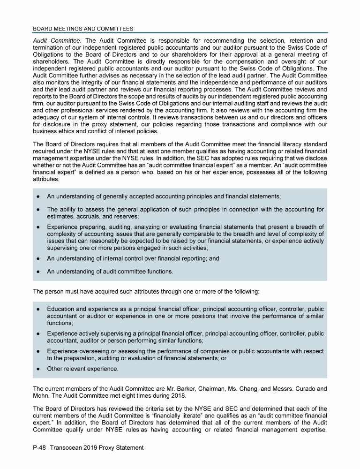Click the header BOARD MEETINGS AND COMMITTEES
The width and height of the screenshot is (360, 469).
(x=83, y=29)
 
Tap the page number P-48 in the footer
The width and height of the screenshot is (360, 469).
(x=41, y=448)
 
